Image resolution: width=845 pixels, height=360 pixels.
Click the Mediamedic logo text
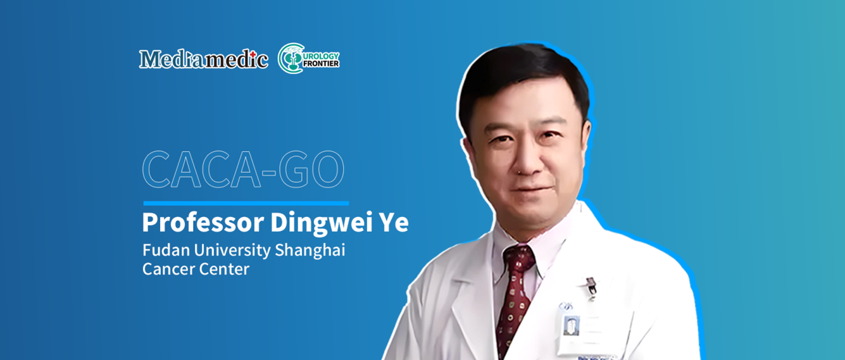point(203,59)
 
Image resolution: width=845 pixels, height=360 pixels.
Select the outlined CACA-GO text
point(243,170)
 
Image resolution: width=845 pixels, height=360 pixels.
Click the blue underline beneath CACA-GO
point(245,203)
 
